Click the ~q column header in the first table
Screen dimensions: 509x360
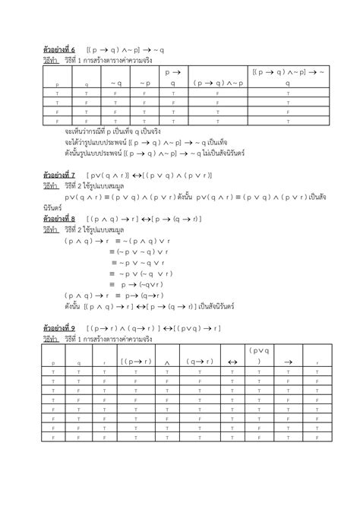115,81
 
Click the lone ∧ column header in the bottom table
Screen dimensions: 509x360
166,362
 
